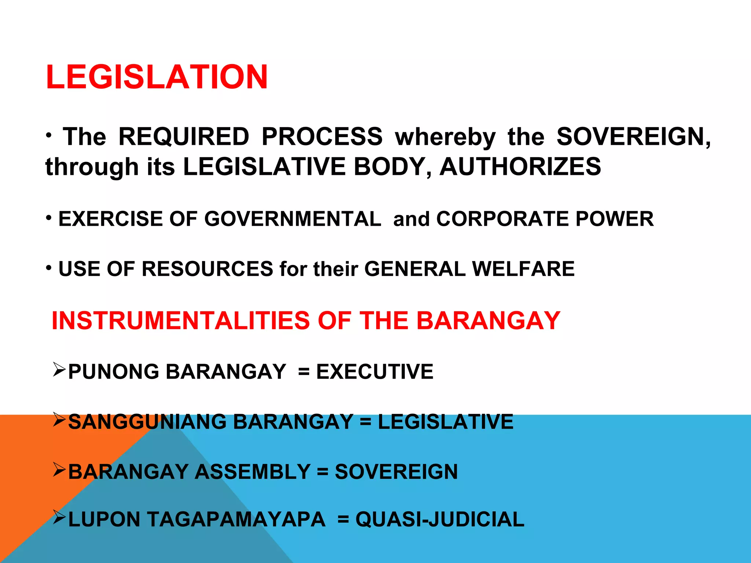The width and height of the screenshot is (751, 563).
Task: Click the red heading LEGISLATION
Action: tap(157, 77)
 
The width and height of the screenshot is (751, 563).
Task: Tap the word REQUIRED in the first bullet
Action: tap(184, 137)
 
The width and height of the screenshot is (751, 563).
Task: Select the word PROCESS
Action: tap(322, 137)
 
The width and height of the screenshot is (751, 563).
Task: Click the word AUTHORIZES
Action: tap(520, 167)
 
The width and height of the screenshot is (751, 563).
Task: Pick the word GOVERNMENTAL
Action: tap(293, 219)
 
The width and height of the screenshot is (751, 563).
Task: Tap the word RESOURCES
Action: tap(207, 269)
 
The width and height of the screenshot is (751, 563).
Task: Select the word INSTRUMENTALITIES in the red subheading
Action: tap(181, 321)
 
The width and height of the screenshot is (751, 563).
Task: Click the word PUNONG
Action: tap(113, 372)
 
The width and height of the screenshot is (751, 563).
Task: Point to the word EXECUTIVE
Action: tap(375, 372)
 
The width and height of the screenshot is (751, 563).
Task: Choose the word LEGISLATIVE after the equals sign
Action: tap(446, 422)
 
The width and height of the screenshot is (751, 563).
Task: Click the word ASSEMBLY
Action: tap(253, 472)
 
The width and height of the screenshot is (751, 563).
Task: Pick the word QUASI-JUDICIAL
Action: tap(440, 519)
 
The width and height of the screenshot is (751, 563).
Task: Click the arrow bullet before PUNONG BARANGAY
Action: tap(59, 369)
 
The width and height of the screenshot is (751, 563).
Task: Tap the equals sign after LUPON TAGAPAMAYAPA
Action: tap(343, 520)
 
